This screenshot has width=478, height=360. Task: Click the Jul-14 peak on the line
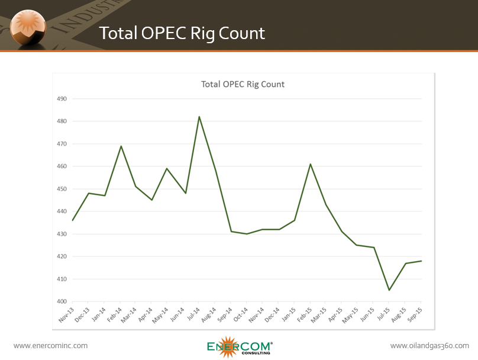[x=199, y=117]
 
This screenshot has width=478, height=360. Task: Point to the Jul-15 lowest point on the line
[x=389, y=290]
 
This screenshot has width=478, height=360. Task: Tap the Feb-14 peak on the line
[x=121, y=146]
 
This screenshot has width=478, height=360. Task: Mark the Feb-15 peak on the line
[x=310, y=164]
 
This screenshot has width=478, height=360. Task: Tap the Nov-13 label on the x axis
[x=67, y=314]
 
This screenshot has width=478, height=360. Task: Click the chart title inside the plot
[x=243, y=84]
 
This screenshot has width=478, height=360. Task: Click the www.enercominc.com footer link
[x=50, y=346]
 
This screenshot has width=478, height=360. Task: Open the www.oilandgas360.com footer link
[x=429, y=346]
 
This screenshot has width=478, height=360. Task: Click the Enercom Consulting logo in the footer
[x=240, y=347]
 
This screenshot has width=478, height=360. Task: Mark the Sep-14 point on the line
[x=231, y=232]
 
